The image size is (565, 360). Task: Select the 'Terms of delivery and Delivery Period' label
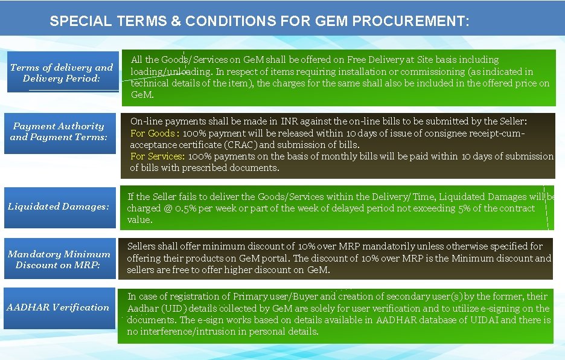pos(62,73)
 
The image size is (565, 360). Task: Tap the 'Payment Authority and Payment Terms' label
pos(59,132)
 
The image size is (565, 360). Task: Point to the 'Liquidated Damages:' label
pos(59,207)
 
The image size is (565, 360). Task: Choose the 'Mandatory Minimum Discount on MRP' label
pos(59,260)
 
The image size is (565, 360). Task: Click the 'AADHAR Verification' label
pos(58,307)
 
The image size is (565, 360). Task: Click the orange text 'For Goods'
pos(153,133)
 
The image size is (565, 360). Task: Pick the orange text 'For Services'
pos(157,156)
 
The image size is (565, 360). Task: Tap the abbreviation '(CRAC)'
pos(241,145)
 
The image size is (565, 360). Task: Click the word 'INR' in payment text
pos(289,121)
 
